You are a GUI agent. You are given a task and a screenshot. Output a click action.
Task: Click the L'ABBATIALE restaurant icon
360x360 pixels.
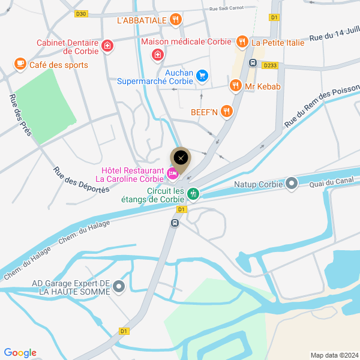175,20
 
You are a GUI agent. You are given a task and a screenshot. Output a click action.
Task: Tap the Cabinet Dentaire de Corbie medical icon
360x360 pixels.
107,46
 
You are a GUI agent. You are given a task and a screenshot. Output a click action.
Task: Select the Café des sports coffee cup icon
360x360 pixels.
20,64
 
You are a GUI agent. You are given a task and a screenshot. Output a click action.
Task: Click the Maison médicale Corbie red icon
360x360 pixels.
157,55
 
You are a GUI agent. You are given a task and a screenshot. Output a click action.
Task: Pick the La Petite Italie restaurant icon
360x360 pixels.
241,41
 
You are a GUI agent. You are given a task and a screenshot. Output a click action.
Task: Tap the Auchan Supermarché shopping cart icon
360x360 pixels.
202,76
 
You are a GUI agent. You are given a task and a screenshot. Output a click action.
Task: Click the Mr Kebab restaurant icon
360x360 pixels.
235,86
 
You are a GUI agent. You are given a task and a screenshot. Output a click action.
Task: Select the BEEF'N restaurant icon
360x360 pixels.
226,111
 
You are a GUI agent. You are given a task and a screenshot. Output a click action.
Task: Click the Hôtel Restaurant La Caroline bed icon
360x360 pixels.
173,174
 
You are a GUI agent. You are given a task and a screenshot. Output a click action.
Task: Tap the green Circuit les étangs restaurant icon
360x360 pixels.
193,193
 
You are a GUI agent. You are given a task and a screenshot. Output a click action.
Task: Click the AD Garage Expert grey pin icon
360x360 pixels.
119,287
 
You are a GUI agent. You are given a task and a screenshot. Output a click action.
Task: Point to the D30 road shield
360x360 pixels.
82,13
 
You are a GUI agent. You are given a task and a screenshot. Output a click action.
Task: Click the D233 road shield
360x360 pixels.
270,65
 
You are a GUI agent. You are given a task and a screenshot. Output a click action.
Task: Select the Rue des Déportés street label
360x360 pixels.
81,179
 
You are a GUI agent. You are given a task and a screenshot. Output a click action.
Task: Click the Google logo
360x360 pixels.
20,353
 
